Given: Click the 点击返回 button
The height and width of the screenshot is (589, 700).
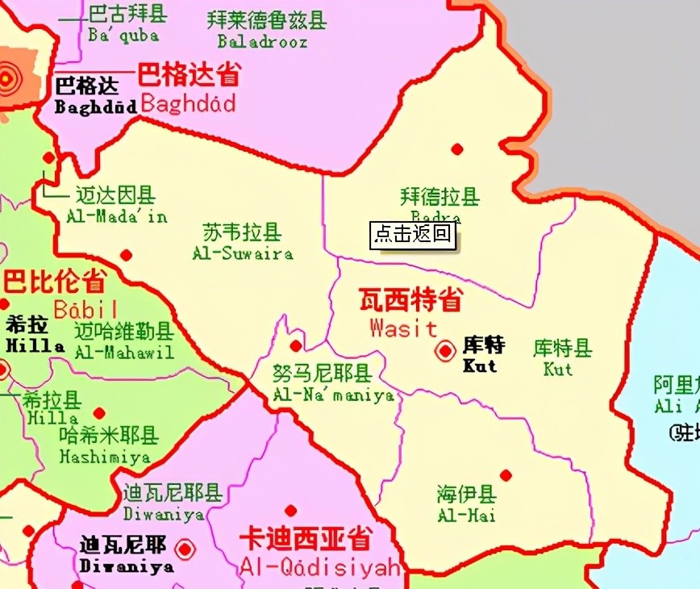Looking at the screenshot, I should [x=413, y=235].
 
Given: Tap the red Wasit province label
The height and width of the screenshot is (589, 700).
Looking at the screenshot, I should [x=410, y=313].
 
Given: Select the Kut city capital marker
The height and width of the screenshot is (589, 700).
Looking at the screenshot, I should [x=444, y=351].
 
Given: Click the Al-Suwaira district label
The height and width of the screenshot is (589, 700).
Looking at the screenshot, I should [x=242, y=243].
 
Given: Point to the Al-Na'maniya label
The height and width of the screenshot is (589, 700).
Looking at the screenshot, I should [x=333, y=384].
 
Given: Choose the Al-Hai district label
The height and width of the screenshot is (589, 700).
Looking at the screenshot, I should [x=466, y=504].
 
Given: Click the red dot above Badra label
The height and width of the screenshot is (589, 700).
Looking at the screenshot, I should [x=457, y=148].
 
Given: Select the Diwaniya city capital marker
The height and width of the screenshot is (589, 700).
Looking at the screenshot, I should [x=185, y=549].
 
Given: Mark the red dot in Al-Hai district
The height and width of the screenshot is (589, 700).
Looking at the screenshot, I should [x=506, y=475].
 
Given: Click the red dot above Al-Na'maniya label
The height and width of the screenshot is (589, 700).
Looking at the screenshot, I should [x=296, y=346].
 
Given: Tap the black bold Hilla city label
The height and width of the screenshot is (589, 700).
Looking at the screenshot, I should [x=31, y=335].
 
